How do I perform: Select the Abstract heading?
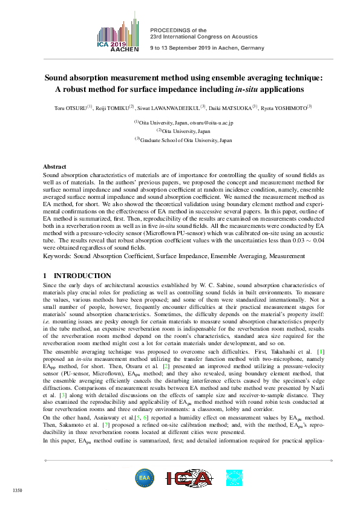55,166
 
